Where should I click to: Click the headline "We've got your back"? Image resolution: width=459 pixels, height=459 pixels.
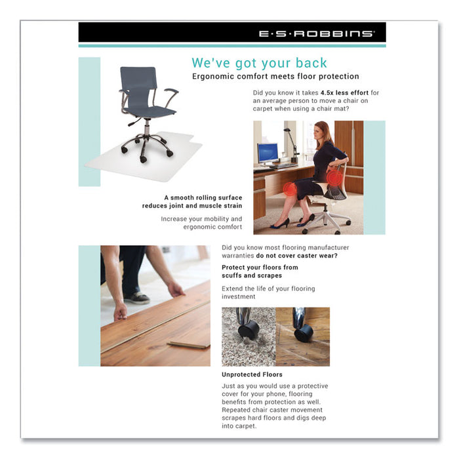[x=259, y=63]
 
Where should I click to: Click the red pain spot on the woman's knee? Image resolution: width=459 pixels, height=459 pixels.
[x=289, y=190]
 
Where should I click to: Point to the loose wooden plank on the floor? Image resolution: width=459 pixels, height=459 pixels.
[x=188, y=343]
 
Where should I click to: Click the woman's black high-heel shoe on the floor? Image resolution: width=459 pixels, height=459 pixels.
[x=279, y=224]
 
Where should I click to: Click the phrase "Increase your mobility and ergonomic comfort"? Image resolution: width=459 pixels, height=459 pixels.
[x=201, y=222]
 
